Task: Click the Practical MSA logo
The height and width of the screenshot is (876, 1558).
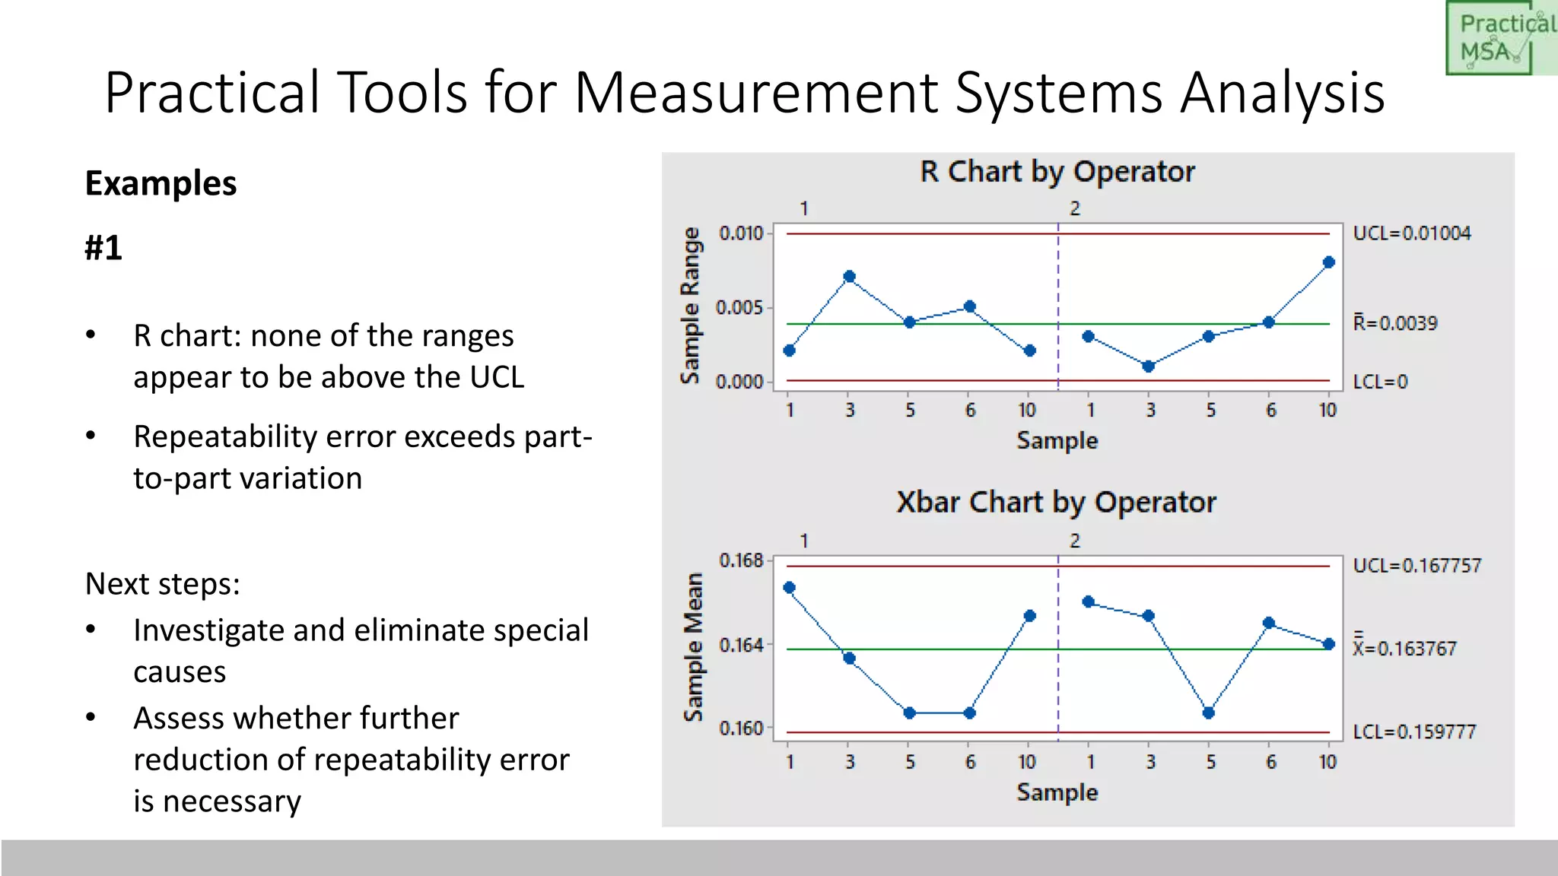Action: (1499, 38)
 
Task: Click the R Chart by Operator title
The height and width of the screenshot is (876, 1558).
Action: (1057, 172)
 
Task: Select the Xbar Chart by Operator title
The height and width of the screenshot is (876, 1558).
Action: (1056, 503)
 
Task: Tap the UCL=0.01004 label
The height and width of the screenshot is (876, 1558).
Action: (1411, 233)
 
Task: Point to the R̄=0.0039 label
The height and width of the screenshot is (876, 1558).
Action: (1395, 323)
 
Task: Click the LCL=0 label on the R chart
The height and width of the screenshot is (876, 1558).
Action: (1380, 382)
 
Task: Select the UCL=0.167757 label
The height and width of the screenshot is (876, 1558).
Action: (1417, 566)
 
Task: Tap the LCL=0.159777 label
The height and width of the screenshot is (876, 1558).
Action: (1413, 732)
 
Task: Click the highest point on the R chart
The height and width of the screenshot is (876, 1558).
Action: (1329, 262)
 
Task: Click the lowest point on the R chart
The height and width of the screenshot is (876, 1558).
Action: (1149, 367)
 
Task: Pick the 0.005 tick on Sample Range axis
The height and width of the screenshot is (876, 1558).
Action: (739, 308)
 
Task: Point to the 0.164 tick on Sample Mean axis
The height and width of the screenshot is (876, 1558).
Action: (741, 646)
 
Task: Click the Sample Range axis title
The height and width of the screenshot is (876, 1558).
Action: (690, 306)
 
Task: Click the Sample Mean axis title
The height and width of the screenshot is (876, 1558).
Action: (692, 647)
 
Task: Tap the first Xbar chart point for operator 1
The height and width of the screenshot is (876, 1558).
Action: (790, 588)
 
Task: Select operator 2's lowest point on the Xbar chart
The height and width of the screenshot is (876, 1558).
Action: (1209, 713)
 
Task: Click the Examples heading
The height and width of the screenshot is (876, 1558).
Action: (161, 183)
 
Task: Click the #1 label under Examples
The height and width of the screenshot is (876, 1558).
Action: (103, 248)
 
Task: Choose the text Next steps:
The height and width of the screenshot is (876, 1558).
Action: (162, 584)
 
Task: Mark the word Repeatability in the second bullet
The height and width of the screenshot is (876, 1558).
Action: (224, 437)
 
